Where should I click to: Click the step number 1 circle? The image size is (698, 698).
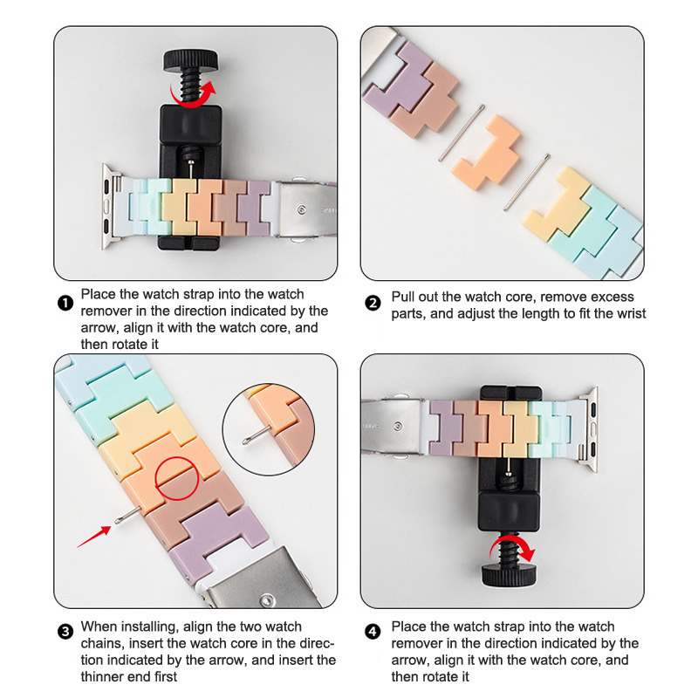(65, 303)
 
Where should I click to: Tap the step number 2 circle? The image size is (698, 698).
(373, 303)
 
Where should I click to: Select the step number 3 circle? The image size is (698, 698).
(65, 632)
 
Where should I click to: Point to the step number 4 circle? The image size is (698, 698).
(373, 632)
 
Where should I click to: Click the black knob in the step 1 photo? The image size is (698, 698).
(191, 60)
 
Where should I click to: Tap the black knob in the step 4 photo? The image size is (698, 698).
(510, 575)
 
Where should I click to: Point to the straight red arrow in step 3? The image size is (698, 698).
(94, 537)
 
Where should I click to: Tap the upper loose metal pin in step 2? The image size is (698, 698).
(462, 133)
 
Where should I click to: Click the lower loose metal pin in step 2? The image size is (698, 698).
(527, 181)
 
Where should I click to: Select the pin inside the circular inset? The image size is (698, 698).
(257, 435)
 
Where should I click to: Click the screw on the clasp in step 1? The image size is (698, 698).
(302, 209)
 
